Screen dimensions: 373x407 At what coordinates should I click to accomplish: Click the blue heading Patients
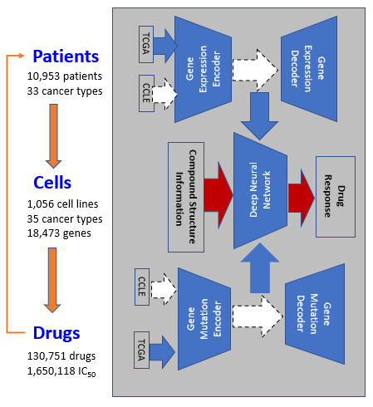66,56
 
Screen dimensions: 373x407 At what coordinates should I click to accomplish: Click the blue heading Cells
52,183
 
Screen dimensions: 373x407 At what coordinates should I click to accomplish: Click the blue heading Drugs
56,333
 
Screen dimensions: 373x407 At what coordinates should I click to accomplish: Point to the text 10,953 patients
65,76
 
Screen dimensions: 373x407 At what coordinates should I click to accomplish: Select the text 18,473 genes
59,233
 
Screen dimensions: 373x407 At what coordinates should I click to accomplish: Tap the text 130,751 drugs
61,356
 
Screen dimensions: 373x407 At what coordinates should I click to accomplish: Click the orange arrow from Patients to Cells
53,136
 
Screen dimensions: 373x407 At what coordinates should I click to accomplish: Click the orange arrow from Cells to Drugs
52,280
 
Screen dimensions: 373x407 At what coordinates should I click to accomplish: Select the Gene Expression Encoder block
203,69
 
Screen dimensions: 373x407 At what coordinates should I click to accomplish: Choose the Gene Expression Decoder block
309,69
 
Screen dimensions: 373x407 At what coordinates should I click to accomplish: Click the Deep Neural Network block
260,190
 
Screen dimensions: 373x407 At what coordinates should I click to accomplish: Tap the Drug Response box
336,197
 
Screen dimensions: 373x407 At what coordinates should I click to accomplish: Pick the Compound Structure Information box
186,197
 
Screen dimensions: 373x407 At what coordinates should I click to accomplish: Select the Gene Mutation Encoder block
204,319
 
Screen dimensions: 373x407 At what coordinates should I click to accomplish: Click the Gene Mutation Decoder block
315,314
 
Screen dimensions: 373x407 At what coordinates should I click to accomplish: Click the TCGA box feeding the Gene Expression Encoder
146,44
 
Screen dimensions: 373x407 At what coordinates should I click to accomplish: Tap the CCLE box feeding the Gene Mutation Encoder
142,287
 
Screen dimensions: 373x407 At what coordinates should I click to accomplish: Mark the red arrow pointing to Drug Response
302,198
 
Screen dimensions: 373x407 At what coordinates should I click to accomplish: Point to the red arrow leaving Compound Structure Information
218,195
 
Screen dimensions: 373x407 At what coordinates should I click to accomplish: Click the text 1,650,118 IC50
61,371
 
